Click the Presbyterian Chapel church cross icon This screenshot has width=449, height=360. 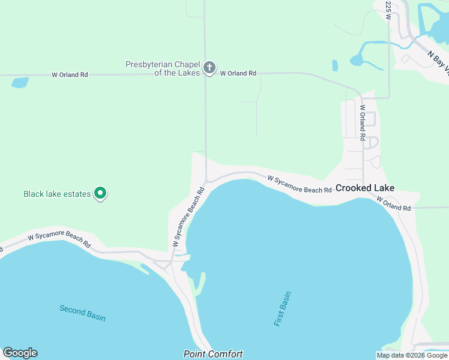209,68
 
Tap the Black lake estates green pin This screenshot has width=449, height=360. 101,194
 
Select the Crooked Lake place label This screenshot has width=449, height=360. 365,188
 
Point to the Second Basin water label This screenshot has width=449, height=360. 82,313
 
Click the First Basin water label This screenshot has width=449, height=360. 283,309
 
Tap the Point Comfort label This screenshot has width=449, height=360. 213,354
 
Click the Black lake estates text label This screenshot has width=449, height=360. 57,194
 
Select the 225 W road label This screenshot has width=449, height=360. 388,10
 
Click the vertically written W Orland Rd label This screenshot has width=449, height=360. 363,122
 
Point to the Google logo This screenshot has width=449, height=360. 20,353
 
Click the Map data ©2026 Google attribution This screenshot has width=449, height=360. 412,355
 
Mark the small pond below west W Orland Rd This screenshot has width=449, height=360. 20,83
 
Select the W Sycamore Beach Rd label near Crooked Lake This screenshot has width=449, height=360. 300,184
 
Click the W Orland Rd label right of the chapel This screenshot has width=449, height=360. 238,73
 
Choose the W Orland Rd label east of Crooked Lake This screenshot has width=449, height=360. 394,204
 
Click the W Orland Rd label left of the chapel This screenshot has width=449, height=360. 70,75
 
